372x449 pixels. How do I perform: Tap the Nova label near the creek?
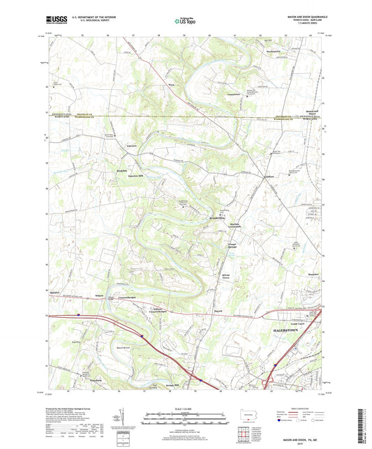170,84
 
